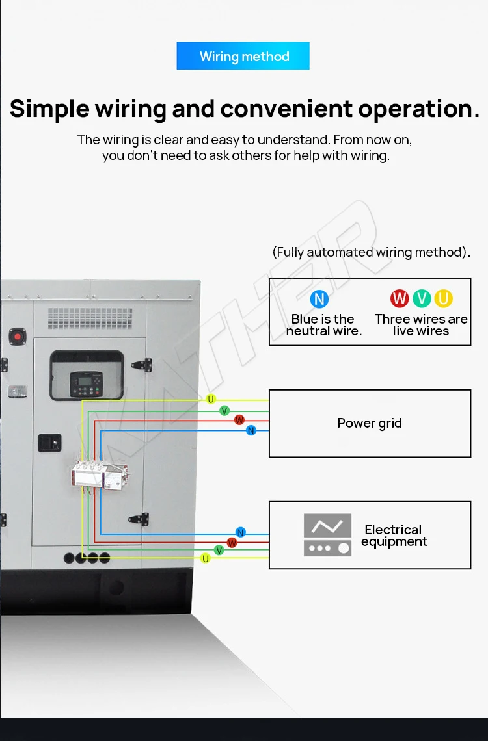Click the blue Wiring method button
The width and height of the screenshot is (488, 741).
pos(243,56)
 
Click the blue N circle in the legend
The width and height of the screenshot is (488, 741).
pos(319,299)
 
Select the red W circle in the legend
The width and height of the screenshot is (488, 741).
pos(400,298)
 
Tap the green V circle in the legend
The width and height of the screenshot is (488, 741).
pos(422,298)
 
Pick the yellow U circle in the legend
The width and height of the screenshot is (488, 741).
pos(444,298)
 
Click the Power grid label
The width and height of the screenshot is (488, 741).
pos(370,423)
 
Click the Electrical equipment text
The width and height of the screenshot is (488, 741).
pos(394,536)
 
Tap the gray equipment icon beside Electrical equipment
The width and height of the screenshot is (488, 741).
pos(327,535)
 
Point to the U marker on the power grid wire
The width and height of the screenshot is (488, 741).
pos(211,399)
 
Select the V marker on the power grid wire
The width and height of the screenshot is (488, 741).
pos(224,410)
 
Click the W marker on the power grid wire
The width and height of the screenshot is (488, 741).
pos(239,420)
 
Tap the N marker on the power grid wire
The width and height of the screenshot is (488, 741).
pos(251,430)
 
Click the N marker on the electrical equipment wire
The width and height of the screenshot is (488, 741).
pos(241,532)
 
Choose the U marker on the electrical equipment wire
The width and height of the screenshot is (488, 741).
pos(206,558)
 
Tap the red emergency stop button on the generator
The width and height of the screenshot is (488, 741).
pos(16,337)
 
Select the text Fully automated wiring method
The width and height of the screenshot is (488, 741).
pos(371,252)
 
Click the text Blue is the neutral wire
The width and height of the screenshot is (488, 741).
pos(323,325)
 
